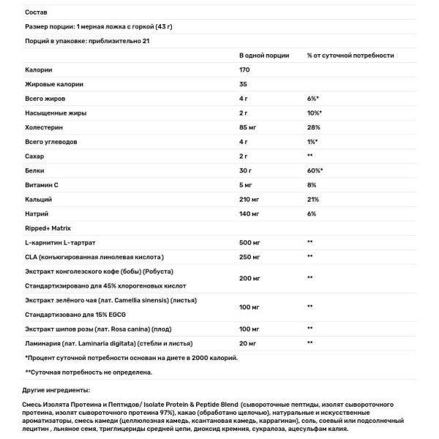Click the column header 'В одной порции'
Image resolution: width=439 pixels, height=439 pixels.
click(x=264, y=55)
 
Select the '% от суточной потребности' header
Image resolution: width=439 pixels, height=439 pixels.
click(x=351, y=55)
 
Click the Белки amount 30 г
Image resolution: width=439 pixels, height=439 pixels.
click(x=248, y=170)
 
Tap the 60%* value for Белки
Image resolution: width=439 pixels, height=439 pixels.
click(x=316, y=170)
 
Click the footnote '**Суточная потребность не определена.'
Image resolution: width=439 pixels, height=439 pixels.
click(x=89, y=372)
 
